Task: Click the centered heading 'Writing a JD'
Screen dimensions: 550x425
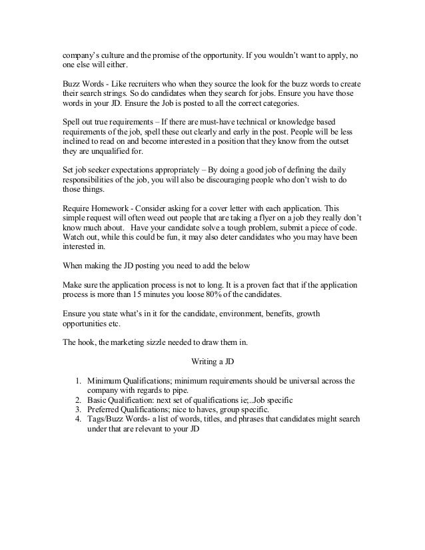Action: (x=212, y=362)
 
